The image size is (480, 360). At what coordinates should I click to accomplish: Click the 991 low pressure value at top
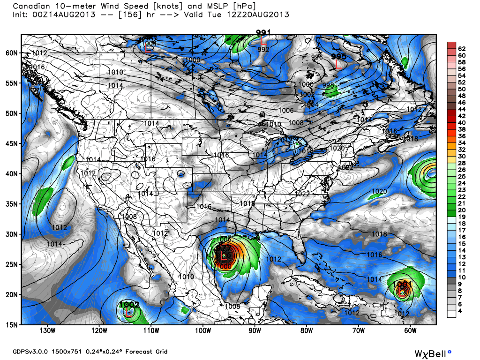[263, 32]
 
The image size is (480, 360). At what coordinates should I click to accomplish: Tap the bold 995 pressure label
[338, 56]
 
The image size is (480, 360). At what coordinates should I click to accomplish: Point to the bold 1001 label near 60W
[402, 284]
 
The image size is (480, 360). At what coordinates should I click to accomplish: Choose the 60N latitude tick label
[12, 53]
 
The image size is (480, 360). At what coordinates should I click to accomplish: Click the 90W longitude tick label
[255, 330]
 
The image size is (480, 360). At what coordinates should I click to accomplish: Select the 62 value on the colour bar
[462, 49]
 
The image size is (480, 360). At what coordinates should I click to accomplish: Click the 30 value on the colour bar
[462, 156]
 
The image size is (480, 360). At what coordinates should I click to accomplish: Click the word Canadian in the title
[31, 7]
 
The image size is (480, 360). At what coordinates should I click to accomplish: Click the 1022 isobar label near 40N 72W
[345, 167]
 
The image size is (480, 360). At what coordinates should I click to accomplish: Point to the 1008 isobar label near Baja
[130, 217]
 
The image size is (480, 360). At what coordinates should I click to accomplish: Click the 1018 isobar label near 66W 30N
[379, 234]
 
